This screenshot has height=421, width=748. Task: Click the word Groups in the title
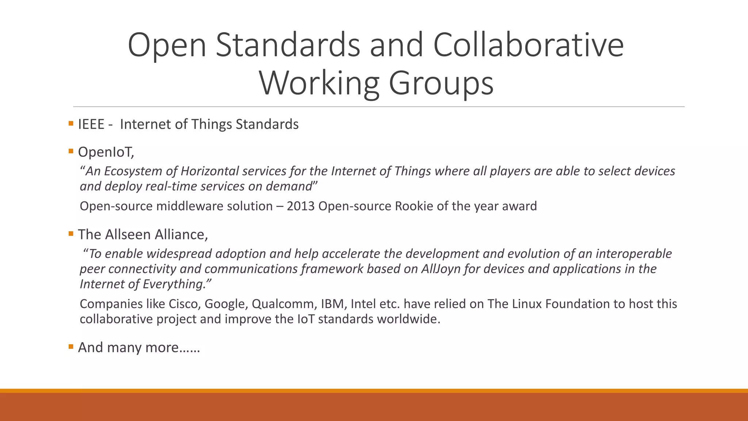pos(441,83)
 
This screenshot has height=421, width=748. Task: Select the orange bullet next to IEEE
pos(71,124)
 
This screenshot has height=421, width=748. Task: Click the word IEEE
pos(91,124)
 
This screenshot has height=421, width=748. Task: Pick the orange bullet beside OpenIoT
pos(71,151)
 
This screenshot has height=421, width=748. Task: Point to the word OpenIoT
pos(106,152)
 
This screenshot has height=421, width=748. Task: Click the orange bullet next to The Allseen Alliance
pos(71,234)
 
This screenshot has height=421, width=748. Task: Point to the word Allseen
pos(128,235)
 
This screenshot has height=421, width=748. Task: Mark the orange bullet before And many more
pos(71,346)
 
